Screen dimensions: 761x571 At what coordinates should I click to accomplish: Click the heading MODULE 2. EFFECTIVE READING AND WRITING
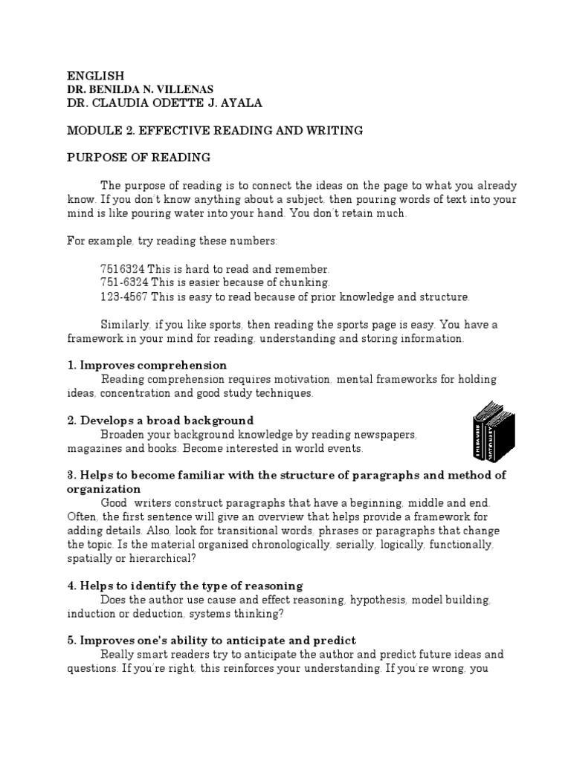[x=204, y=130]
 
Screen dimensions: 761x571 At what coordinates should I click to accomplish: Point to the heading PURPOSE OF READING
[x=139, y=158]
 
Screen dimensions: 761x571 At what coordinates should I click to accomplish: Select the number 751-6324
[x=124, y=282]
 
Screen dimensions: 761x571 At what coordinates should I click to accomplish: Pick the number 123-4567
[x=124, y=297]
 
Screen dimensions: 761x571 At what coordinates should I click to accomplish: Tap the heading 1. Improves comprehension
[x=147, y=366]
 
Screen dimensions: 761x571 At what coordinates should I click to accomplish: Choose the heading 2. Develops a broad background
[x=161, y=421]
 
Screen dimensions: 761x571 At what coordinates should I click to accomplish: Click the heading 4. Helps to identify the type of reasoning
[x=185, y=586]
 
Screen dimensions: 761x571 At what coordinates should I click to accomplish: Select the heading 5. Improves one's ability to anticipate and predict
[x=212, y=641]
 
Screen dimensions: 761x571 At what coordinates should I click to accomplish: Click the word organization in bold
[x=104, y=489]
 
